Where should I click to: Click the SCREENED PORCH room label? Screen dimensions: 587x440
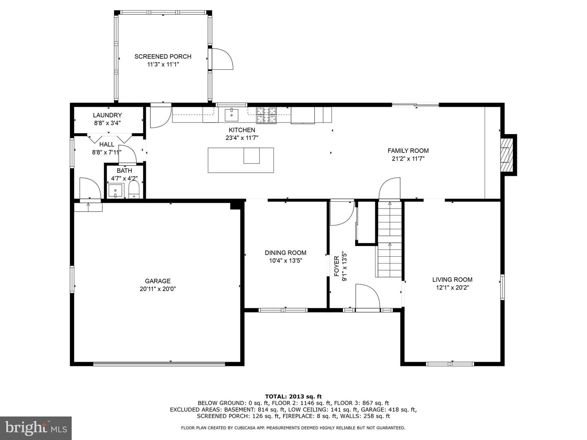[163, 57]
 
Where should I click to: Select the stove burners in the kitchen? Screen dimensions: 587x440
[266, 115]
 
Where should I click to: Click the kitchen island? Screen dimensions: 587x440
[241, 160]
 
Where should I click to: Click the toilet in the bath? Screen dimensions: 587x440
[134, 189]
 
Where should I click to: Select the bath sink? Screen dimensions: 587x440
[115, 191]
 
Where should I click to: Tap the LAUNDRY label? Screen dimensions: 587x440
[107, 115]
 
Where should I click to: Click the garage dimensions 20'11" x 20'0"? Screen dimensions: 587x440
[157, 289]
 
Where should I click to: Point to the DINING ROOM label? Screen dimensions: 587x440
[285, 253]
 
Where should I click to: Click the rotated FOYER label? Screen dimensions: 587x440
[336, 266]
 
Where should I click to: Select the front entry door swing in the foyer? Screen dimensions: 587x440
[368, 297]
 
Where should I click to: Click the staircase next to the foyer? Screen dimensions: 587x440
[390, 239]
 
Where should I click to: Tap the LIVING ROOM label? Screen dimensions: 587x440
[452, 280]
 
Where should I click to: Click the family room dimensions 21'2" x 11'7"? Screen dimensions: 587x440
[408, 159]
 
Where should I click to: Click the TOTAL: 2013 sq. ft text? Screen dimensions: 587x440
[293, 396]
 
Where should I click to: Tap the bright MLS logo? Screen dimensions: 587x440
[36, 428]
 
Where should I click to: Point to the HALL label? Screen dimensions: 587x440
[107, 145]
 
